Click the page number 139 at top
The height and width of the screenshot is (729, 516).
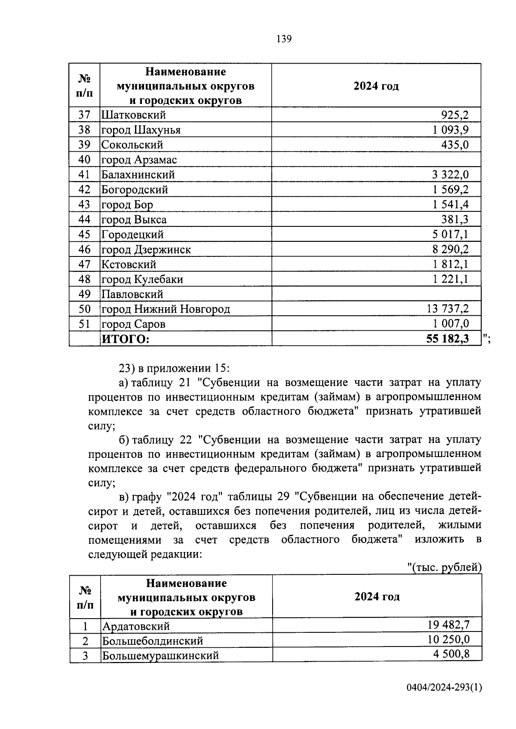[284, 40]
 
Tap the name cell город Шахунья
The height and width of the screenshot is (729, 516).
[141, 130]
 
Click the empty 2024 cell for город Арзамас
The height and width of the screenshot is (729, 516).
[376, 160]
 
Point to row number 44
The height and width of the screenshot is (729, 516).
[84, 220]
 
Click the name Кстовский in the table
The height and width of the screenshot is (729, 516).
[129, 265]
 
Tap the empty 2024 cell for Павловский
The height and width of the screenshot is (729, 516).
[376, 294]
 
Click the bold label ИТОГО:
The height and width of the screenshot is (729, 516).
[126, 339]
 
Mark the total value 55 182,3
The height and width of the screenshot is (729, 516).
[447, 339]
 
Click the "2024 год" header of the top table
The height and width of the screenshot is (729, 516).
[376, 86]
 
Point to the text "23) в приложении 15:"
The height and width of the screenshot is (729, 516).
[175, 368]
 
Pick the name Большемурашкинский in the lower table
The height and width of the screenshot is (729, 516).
[160, 656]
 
